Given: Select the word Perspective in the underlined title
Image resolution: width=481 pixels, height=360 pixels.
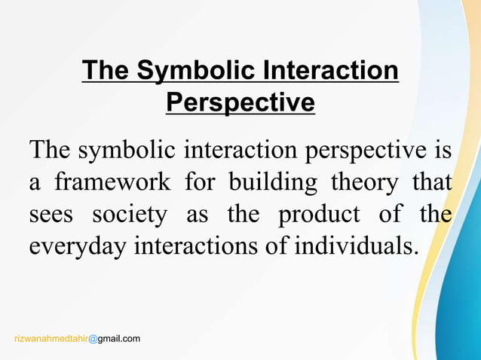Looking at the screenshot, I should tap(240, 102).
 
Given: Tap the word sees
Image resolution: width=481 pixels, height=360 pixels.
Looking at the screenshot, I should tap(52, 215).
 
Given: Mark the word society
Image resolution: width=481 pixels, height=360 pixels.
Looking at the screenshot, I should tap(129, 215).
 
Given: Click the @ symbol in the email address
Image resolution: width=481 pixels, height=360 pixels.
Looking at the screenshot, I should tap(93, 340).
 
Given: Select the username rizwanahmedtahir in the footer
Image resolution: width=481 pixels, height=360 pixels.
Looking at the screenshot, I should tap(51, 340).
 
